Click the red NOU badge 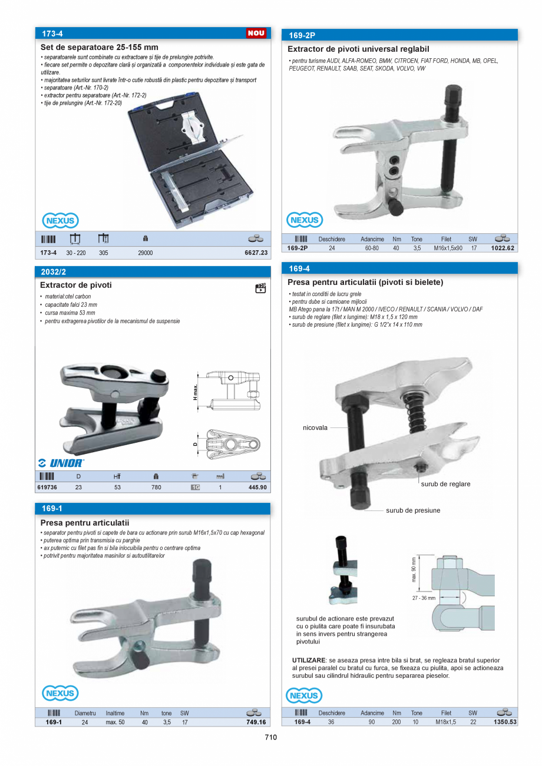[x=256, y=33]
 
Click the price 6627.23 [x=256, y=253]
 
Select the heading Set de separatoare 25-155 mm [x=99, y=47]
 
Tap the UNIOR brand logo [x=61, y=463]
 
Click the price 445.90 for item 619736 [x=257, y=488]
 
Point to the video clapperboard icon [x=260, y=288]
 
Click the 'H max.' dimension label [x=195, y=391]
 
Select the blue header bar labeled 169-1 [x=153, y=508]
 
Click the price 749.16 [x=256, y=722]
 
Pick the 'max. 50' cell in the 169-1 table [x=115, y=722]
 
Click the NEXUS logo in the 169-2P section [x=305, y=220]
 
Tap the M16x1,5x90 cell [x=448, y=248]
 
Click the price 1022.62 [x=503, y=248]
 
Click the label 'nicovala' [x=315, y=428]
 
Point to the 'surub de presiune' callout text [x=413, y=510]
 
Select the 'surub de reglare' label [x=445, y=484]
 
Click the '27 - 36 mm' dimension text [x=424, y=598]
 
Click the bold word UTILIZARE [x=309, y=661]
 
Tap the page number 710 [x=270, y=737]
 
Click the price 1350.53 [x=504, y=722]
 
